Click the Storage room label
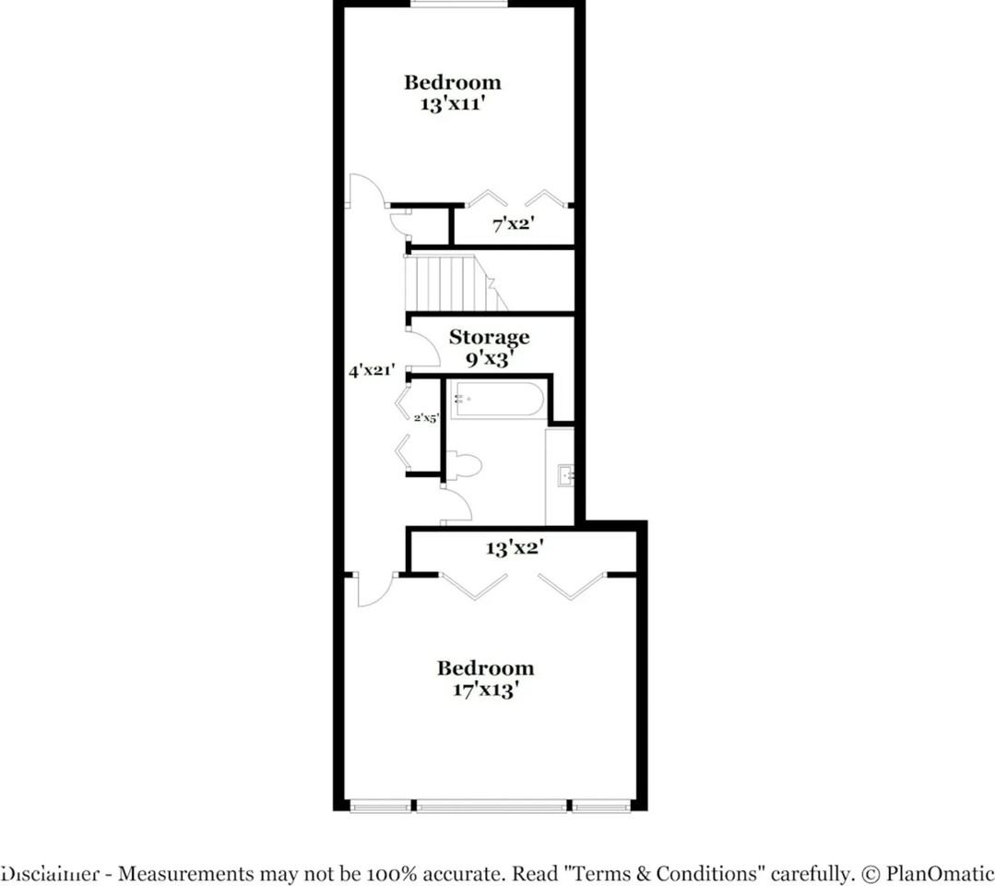pyautogui.click(x=489, y=337)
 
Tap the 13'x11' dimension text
pyautogui.click(x=452, y=103)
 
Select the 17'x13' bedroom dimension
pyautogui.click(x=485, y=688)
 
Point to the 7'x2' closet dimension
pyautogui.click(x=514, y=222)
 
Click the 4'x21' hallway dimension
pyautogui.click(x=372, y=371)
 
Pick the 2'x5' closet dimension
pyautogui.click(x=426, y=417)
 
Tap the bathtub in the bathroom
pyautogui.click(x=497, y=400)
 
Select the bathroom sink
pyautogui.click(x=564, y=476)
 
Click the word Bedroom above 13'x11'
pyautogui.click(x=452, y=82)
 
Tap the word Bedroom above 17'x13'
pyautogui.click(x=485, y=667)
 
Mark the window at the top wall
pyautogui.click(x=458, y=4)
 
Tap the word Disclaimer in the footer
pyautogui.click(x=51, y=873)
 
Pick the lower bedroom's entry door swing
pyautogui.click(x=374, y=590)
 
